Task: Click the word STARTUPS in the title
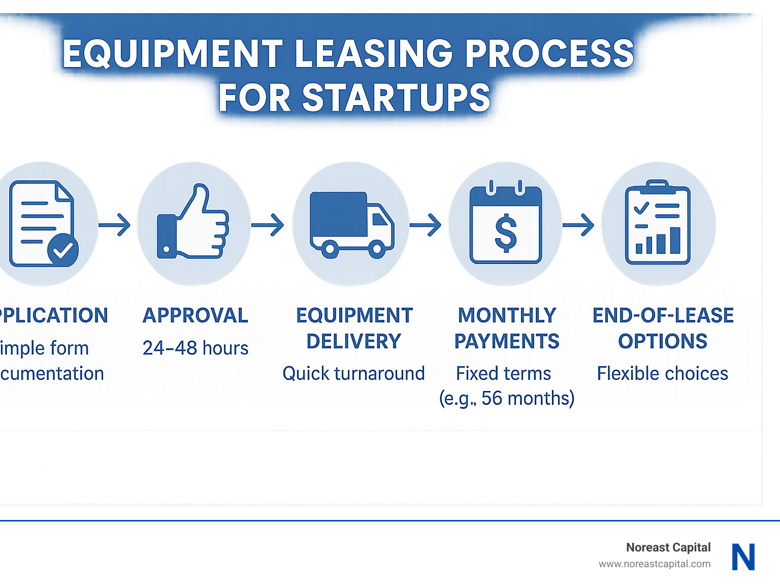[x=396, y=97]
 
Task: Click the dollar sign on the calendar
[x=506, y=233]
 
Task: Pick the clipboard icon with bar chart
[x=658, y=223]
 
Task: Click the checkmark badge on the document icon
[x=62, y=250]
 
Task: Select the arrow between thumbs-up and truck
[x=268, y=225]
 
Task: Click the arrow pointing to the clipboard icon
[x=578, y=225]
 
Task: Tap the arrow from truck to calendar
[x=426, y=225]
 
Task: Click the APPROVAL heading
[x=196, y=315]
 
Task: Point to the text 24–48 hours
[x=196, y=348]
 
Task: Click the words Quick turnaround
[x=353, y=374]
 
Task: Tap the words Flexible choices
[x=662, y=374]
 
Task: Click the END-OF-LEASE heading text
[x=663, y=315]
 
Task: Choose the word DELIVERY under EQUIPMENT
[x=354, y=341]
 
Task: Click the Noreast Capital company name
[x=668, y=547]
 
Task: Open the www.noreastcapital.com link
[x=655, y=564]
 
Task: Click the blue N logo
[x=743, y=557]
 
